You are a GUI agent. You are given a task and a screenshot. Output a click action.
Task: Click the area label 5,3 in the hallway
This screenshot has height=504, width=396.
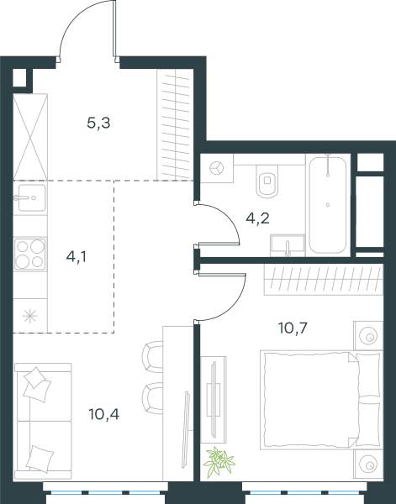pos(98,123)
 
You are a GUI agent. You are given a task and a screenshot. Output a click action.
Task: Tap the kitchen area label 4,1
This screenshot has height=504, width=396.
pos(77,257)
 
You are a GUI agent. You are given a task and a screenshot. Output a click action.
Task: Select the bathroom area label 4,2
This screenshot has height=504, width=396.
pos(257,218)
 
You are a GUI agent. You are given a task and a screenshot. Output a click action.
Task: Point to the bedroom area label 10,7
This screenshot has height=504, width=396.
pos(293,328)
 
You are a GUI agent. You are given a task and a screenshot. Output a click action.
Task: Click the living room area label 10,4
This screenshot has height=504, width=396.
pos(104,414)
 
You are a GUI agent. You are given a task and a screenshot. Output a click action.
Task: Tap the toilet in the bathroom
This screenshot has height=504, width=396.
pos(267,181)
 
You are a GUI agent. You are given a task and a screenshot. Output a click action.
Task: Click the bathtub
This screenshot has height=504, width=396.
pos(328,206)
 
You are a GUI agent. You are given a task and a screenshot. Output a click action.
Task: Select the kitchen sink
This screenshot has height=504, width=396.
pos(30,198)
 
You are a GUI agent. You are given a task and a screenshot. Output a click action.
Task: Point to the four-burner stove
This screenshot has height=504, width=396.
pos(30,255)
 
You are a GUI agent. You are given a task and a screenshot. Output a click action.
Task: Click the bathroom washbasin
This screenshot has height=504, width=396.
pos(288,245)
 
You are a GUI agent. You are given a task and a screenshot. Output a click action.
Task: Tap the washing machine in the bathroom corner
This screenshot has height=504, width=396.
pos(217,168)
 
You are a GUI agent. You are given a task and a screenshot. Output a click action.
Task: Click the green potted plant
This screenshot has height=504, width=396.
pos(219,461)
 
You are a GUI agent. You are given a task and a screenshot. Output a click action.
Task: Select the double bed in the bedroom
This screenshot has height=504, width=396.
pos(321,400)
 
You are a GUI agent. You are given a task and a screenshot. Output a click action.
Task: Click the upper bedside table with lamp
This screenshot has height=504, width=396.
pos(368,335)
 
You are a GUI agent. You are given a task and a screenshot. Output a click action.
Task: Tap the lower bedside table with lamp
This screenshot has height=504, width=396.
pos(368,465)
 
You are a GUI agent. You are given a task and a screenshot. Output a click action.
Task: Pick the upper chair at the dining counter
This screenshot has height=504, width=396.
pos(152,357)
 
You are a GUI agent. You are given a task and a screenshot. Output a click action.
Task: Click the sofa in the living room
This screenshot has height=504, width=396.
pos(43,421)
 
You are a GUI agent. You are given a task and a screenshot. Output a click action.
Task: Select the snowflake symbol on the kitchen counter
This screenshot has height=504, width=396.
pos(30,316)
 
